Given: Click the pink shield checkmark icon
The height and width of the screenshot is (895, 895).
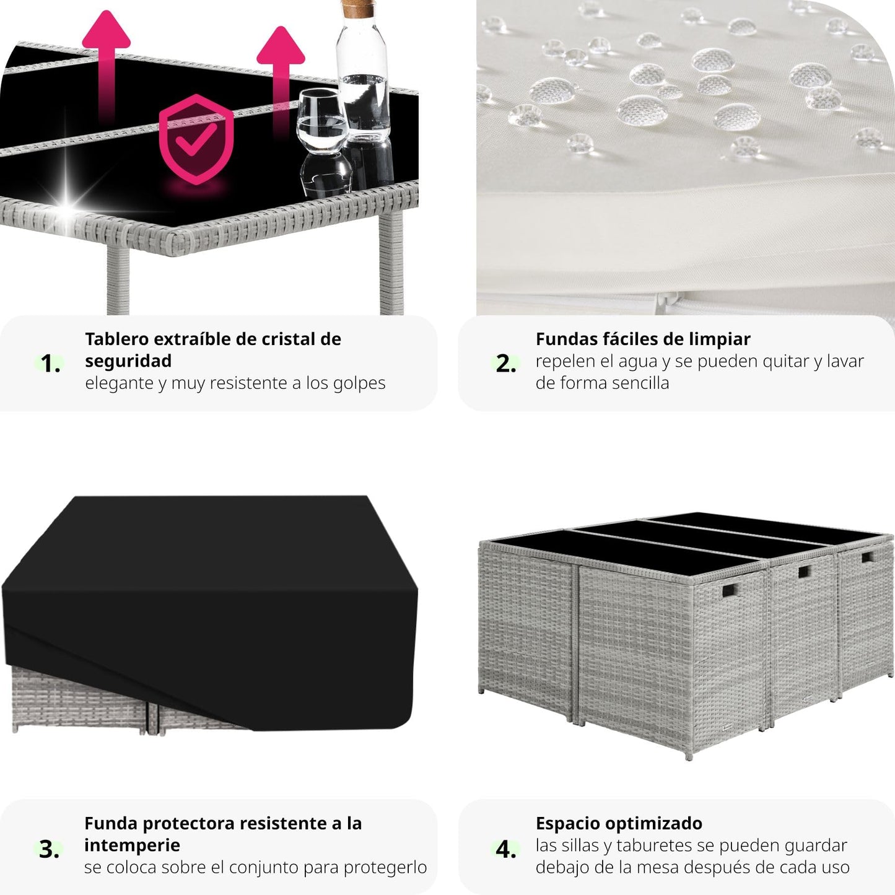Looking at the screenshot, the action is (x=196, y=139).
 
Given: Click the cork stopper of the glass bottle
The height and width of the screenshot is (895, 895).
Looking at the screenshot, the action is (x=358, y=8).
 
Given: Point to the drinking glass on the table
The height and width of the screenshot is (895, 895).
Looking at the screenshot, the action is (x=322, y=121).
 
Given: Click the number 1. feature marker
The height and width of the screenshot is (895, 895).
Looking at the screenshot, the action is (x=50, y=363).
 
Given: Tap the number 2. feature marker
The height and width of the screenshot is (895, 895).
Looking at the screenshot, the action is (x=506, y=363).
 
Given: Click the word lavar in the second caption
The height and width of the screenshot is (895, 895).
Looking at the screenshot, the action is (x=845, y=361).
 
